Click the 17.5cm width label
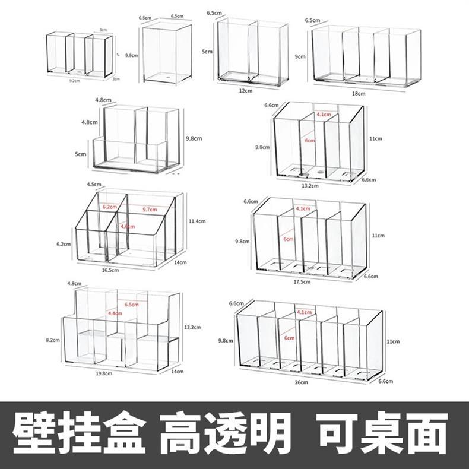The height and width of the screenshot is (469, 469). tap(302, 282)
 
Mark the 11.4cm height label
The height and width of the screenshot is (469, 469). tap(197, 221)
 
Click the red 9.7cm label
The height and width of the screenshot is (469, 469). tap(150, 208)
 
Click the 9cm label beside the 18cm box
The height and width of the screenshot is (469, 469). tap(300, 56)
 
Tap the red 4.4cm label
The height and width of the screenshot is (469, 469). tap(115, 313)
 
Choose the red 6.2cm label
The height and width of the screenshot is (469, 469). tap(109, 207)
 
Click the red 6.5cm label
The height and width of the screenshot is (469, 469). tap(132, 305)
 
